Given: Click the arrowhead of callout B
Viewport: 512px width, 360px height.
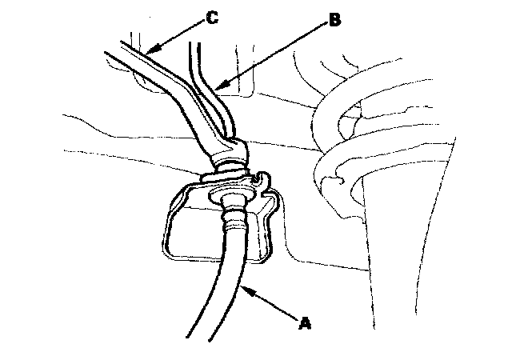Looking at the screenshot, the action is pyautogui.click(x=214, y=87).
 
